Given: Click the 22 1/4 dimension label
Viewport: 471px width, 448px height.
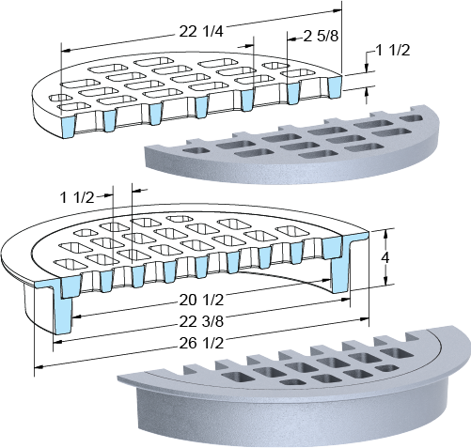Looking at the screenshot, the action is click(x=201, y=32).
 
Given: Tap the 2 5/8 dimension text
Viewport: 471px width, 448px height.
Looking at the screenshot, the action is click(x=321, y=37).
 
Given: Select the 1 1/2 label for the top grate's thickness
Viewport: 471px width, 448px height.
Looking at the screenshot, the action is click(x=392, y=50).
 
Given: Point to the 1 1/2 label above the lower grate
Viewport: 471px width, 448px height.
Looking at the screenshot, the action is click(x=77, y=197).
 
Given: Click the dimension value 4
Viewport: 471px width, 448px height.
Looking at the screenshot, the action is click(x=385, y=258).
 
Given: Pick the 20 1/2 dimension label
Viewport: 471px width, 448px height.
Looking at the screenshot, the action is click(x=201, y=301).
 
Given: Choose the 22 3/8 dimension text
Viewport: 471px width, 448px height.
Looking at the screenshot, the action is click(x=201, y=321).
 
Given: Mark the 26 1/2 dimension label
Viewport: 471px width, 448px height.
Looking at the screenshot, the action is click(x=201, y=344).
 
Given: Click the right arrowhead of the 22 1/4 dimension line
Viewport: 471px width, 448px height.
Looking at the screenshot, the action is click(x=338, y=10).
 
